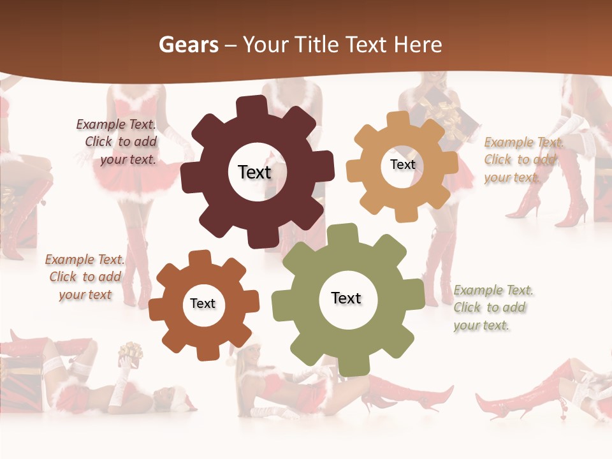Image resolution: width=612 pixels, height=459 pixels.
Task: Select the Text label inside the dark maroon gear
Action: [x=254, y=172]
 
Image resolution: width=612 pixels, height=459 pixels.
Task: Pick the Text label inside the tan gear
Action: [x=402, y=164]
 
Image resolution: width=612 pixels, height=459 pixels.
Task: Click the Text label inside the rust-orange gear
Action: [x=203, y=303]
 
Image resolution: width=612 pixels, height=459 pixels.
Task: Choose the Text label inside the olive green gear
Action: [x=346, y=298]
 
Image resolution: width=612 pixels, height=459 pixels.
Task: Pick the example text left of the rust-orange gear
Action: [x=85, y=277]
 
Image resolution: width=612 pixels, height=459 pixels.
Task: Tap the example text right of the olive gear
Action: [x=493, y=308]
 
